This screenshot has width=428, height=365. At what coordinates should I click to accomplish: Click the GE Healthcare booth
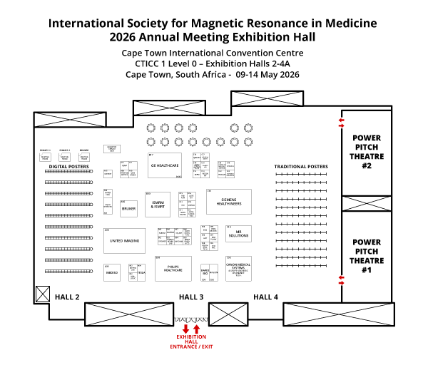coord(164,165)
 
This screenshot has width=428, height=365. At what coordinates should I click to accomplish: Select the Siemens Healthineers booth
coord(229,202)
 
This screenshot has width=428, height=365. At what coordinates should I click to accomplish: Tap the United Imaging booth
coord(124,241)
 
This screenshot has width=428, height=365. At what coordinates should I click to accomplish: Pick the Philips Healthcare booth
coord(173,269)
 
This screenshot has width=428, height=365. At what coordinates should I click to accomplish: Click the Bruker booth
coord(128,209)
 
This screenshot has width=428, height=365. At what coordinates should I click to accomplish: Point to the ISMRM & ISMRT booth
coord(159,204)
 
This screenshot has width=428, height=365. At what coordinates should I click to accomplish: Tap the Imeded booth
coord(112,272)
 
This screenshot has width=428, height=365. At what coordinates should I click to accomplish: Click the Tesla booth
coord(141,272)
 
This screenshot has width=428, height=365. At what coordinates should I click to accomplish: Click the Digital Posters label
coord(69,166)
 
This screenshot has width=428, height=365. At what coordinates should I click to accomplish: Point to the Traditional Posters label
coord(301,167)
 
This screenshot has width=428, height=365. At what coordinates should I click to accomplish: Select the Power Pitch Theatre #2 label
coord(366,151)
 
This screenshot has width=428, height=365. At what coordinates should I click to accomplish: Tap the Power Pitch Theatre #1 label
coord(366,256)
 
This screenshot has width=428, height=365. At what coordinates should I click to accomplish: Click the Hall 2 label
coord(68,297)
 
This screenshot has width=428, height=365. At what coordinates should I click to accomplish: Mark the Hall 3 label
coord(191,297)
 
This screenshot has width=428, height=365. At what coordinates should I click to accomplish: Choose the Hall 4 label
coord(265,297)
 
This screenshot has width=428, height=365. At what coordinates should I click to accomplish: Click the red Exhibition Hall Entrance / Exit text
coord(191,341)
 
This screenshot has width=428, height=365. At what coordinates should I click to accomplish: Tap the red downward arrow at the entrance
coord(185,329)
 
